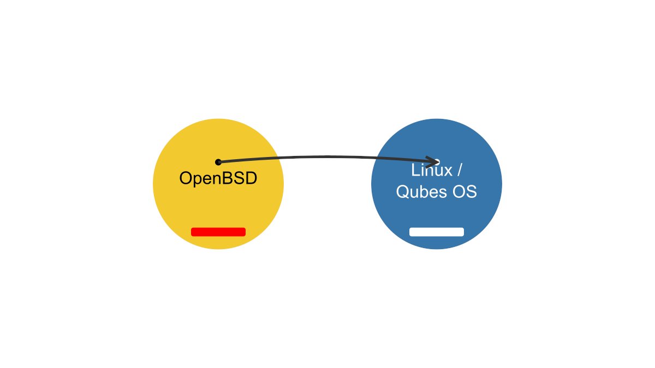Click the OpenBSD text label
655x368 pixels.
pyautogui.click(x=218, y=178)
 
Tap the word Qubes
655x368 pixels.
pyautogui.click(x=419, y=192)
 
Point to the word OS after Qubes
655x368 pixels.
pyautogui.click(x=466, y=192)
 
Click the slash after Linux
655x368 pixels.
pyautogui.click(x=460, y=171)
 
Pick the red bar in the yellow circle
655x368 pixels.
pyautogui.click(x=218, y=232)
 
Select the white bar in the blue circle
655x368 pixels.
pyautogui.click(x=437, y=232)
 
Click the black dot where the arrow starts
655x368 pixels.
pyautogui.click(x=218, y=162)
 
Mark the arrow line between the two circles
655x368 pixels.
pyautogui.click(x=327, y=157)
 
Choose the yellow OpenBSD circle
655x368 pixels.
pyautogui.click(x=218, y=207)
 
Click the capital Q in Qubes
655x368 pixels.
pyautogui.click(x=402, y=192)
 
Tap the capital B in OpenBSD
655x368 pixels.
pyautogui.click(x=227, y=178)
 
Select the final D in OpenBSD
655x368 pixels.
pyautogui.click(x=251, y=178)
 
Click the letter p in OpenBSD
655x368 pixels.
pyautogui.click(x=197, y=179)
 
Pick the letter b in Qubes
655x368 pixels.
pyautogui.click(x=423, y=192)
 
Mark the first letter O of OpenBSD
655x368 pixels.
pyautogui.click(x=186, y=178)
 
